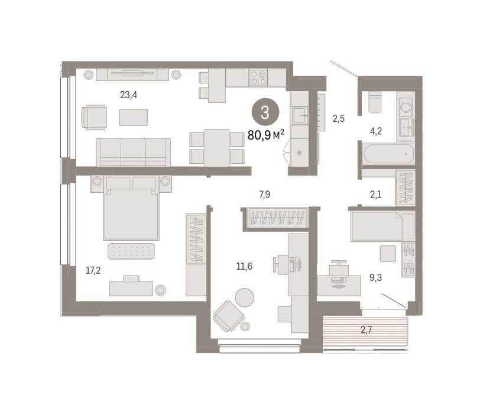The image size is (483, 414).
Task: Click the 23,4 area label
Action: pos(129,95)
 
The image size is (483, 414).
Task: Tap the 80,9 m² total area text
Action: pos(266,135)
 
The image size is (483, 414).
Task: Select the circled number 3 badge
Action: pos(265,112)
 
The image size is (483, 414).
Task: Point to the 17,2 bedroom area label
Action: pos(93,271)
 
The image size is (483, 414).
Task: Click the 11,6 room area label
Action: pos(244,266)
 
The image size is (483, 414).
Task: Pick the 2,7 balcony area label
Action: pos(367,330)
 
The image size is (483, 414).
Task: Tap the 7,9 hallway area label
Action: pos(265,195)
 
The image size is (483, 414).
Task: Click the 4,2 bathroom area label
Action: pos(376,131)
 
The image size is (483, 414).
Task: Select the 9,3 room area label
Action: pos(375,278)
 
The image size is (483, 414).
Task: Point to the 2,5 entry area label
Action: pos(338,118)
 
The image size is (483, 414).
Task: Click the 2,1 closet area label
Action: pos(376,195)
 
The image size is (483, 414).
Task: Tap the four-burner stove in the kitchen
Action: pos(258,77)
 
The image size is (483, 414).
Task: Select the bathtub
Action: pos(389,154)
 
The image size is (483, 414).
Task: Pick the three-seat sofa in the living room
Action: pos(134,153)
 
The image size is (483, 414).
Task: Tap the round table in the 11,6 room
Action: pos(245,297)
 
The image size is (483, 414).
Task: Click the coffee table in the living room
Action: pos(134,118)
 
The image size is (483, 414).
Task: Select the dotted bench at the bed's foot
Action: pos(131,251)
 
